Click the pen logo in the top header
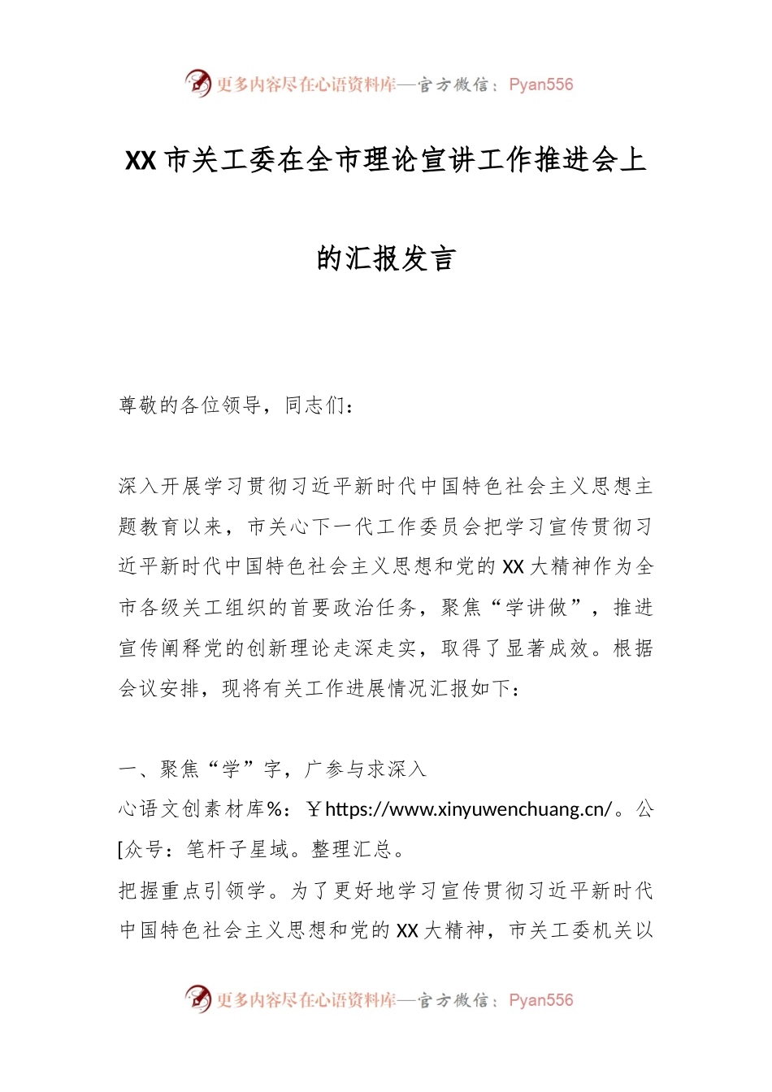coord(197,83)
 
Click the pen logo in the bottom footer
coord(197,999)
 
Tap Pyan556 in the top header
coord(540,84)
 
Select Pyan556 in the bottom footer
coord(540,1000)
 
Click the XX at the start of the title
coord(140,161)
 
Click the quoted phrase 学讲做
coord(536,608)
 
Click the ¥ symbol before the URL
coord(314,809)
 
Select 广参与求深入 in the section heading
coord(365,769)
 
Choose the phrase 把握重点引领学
coord(192,890)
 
